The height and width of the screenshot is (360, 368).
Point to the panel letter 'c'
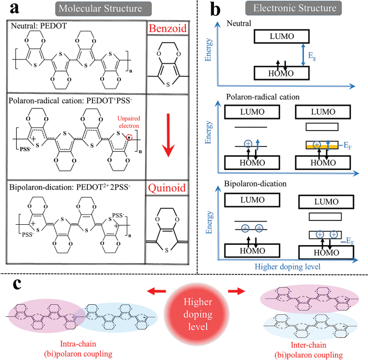point(17,284)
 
